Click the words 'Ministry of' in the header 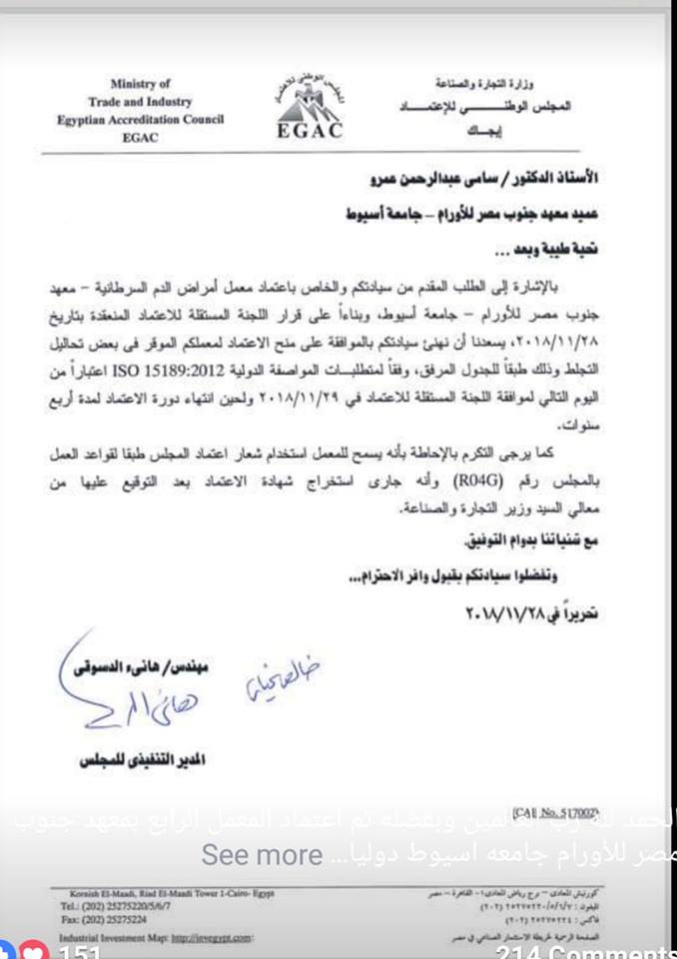pyautogui.click(x=140, y=84)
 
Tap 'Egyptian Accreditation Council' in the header pyautogui.click(x=140, y=119)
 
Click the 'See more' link pyautogui.click(x=262, y=855)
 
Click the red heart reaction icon pyautogui.click(x=34, y=952)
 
